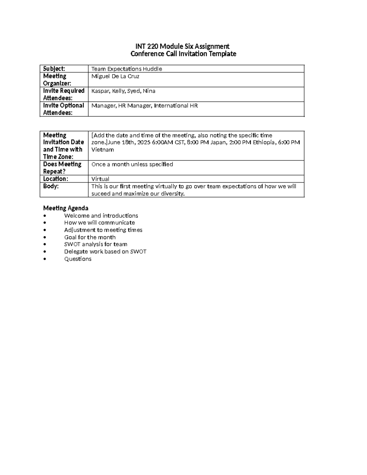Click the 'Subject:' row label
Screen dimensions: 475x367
click(x=54, y=69)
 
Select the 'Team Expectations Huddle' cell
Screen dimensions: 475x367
click(x=127, y=69)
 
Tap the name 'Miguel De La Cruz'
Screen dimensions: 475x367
click(x=115, y=76)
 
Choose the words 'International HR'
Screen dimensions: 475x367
click(x=176, y=106)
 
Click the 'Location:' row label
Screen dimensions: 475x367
click(x=55, y=179)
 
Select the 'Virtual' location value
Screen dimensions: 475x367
click(x=100, y=179)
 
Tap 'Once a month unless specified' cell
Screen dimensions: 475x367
click(x=132, y=164)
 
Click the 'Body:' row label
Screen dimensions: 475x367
click(x=51, y=186)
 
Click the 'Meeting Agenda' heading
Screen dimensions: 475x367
click(x=65, y=208)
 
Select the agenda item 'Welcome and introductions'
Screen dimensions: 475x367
click(x=101, y=216)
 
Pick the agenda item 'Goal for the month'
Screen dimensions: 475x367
click(x=90, y=237)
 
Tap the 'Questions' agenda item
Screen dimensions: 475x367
click(x=78, y=259)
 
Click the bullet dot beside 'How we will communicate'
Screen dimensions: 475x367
click(x=45, y=223)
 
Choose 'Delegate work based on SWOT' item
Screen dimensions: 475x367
click(x=105, y=251)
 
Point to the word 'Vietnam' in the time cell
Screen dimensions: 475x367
click(x=103, y=150)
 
